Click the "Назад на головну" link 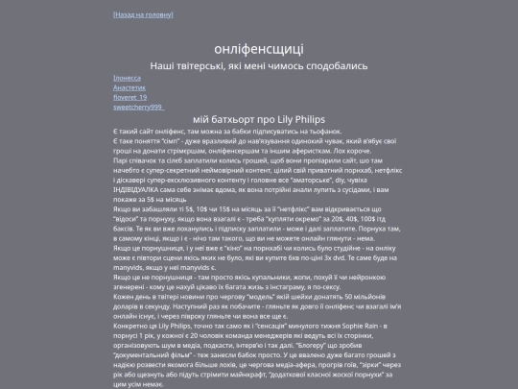point(143,15)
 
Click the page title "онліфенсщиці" point(259,48)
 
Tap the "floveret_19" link point(130,97)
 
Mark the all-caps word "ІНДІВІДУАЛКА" point(138,192)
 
